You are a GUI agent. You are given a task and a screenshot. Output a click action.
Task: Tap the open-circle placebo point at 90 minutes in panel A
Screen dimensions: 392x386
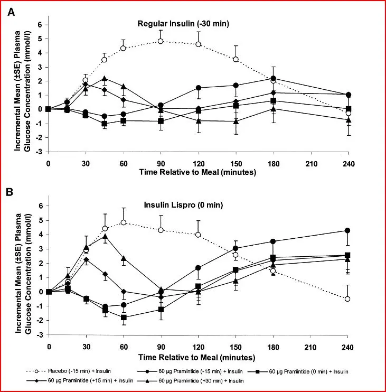[161, 41]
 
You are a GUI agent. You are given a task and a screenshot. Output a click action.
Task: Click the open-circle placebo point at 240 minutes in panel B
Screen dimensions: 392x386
[347, 299]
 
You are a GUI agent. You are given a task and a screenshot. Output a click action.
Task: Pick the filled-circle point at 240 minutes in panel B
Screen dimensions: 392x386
[347, 230]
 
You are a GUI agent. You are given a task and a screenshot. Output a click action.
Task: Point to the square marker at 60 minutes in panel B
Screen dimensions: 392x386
[124, 318]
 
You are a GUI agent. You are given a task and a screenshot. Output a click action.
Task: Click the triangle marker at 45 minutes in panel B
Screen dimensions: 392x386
[105, 236]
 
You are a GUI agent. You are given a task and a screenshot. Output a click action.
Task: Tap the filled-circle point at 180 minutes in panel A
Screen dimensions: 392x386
[273, 78]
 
